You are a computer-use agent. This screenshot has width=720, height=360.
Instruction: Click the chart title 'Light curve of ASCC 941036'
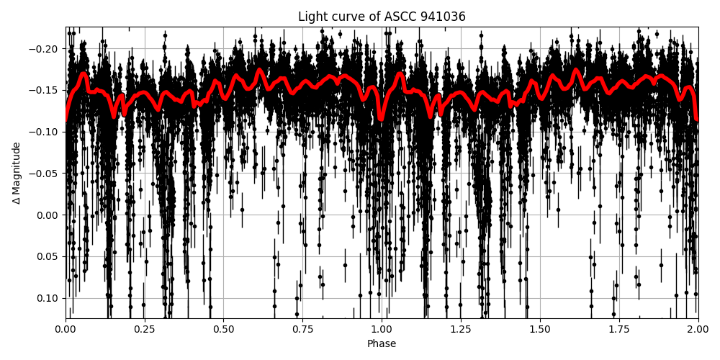382,17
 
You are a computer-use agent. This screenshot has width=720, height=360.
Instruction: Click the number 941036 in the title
444,17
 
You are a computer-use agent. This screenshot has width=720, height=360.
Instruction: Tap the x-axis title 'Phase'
382,344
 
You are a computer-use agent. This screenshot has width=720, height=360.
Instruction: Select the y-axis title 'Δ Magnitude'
17,173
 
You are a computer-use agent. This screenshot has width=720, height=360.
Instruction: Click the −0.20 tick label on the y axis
46,49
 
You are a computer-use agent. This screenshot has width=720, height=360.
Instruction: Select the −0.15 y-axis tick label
46,91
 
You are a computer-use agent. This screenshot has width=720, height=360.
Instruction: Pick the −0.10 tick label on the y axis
46,132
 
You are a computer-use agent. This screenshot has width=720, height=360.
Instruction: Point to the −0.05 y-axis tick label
46,174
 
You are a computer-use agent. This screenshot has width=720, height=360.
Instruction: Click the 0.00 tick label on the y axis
49,215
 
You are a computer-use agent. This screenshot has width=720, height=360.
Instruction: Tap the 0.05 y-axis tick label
49,256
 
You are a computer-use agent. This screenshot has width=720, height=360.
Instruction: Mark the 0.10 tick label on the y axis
49,298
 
